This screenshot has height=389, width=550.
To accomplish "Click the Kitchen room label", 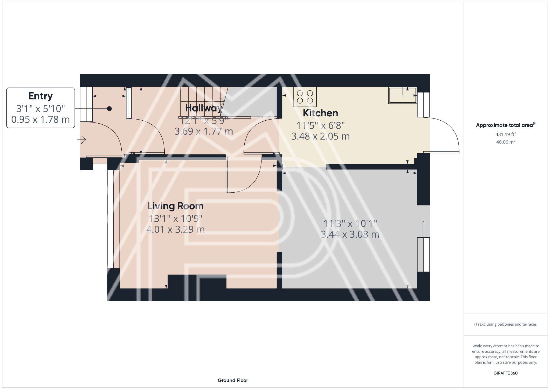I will point(320,113).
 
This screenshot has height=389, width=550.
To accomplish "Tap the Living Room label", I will point(175,206).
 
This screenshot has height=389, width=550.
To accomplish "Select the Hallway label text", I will point(204,108).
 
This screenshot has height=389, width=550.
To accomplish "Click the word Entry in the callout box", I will point(41,96).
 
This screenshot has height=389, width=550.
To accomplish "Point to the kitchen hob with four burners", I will point(305,97).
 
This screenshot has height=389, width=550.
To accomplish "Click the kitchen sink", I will point(402,95).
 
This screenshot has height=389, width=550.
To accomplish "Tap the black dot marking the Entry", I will point(109,109).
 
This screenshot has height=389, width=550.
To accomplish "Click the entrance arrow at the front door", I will point(82,140).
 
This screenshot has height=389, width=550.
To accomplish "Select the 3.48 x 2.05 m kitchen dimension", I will point(320,136).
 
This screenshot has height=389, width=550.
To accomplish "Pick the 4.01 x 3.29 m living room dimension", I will point(175,229).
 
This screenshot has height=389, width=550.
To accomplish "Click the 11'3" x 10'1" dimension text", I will point(350,224).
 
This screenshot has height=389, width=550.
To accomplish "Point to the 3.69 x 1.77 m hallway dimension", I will point(204,131).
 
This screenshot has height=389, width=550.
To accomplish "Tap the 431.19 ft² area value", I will point(505,134).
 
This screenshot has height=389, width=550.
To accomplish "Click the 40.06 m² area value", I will point(505,142).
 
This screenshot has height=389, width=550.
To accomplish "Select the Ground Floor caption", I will point(233,380).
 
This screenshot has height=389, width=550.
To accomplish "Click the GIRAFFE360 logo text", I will point(505,373).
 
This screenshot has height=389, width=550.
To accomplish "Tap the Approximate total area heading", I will point(505,125).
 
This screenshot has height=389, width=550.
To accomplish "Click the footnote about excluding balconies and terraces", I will point(505,324).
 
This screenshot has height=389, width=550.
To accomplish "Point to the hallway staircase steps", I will point(201,102).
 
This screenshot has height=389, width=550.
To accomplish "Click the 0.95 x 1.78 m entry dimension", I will point(41,120).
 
